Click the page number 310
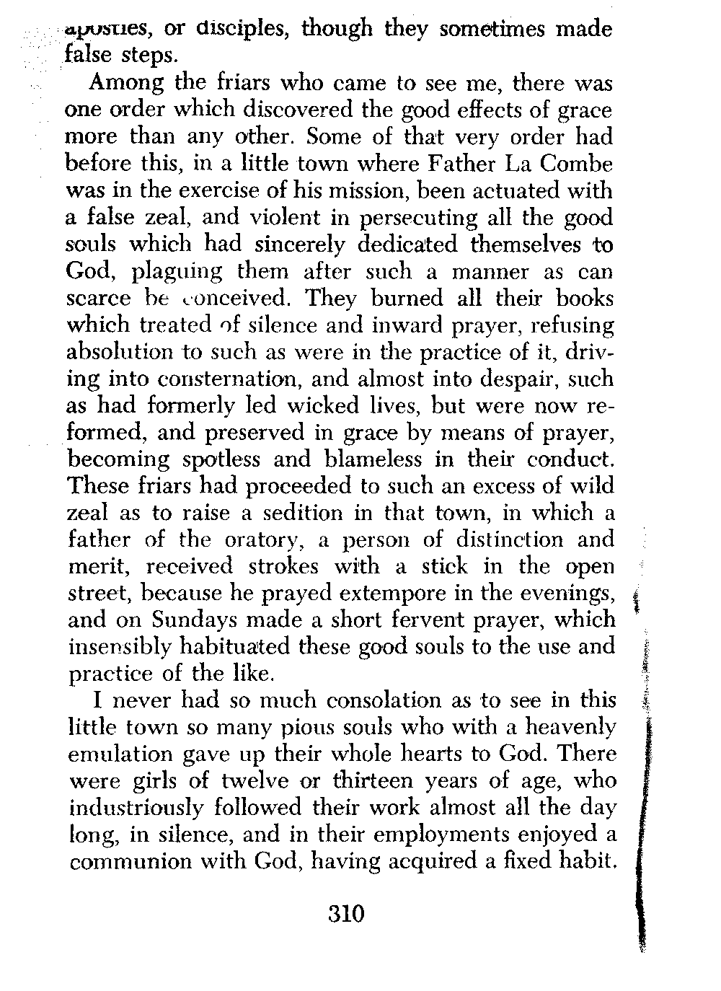point(347,914)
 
